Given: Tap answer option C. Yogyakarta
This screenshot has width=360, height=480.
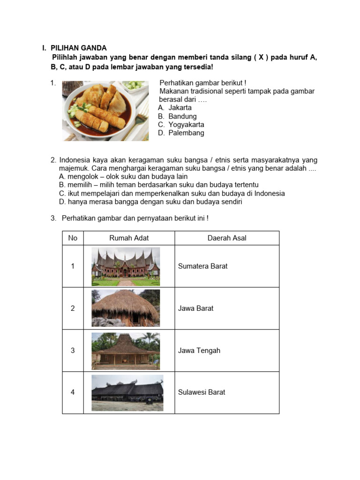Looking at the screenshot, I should point(181,125).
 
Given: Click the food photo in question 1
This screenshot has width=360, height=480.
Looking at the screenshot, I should point(105,111).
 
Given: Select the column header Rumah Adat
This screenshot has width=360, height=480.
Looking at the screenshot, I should point(129,238).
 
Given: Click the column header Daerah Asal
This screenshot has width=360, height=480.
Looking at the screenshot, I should point(227,238).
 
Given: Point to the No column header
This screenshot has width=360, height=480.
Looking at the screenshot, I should point(73,238).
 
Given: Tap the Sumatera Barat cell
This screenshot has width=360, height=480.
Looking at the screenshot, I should point(202,266).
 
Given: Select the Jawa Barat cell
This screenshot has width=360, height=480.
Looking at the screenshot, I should point(195,308).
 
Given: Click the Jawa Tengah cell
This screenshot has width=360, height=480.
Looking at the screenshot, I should point(199,351).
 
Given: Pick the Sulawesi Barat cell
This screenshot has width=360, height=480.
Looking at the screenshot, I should point(202,392).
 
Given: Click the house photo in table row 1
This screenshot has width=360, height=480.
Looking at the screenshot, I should point(126,266).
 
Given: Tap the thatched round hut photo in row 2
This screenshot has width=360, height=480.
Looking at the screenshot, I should point(126,308).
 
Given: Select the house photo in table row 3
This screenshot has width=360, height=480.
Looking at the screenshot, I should point(126,350).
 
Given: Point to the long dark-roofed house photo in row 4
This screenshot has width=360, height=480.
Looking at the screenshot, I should point(127,393).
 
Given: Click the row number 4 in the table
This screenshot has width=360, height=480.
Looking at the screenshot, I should point(73,392).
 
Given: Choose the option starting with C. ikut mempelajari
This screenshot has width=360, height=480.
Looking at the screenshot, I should point(172,194).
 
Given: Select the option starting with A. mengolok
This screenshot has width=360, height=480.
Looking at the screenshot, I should point(123,177).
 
